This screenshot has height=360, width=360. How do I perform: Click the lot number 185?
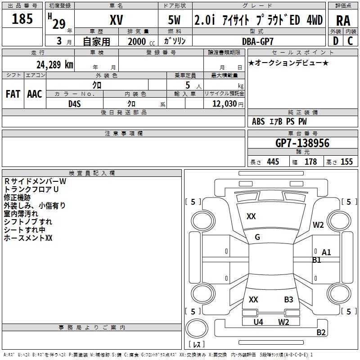[22, 18]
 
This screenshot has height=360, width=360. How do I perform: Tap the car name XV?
[117, 20]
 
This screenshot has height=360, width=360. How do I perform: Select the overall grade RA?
[343, 21]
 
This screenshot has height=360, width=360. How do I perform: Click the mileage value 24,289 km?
[55, 65]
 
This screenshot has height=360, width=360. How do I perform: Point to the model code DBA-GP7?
[258, 41]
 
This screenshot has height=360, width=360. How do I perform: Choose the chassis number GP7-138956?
[302, 143]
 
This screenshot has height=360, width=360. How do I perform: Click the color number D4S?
[74, 104]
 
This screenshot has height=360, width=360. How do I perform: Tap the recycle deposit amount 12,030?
[225, 104]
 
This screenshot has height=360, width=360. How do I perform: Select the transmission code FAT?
[13, 94]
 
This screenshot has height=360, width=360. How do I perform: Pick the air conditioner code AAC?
[35, 94]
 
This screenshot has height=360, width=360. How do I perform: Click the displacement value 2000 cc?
[141, 41]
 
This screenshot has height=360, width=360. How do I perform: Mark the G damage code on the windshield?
[257, 237]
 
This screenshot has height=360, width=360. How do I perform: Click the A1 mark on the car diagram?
[326, 252]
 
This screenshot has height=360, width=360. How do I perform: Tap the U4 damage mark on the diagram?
[258, 322]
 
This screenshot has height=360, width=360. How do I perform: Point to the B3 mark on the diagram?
[288, 300]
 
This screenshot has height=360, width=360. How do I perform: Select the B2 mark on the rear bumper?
[321, 332]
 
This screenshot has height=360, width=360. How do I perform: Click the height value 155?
[346, 162]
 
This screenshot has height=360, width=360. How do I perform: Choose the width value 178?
[310, 162]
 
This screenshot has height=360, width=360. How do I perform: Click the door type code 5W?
[174, 20]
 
